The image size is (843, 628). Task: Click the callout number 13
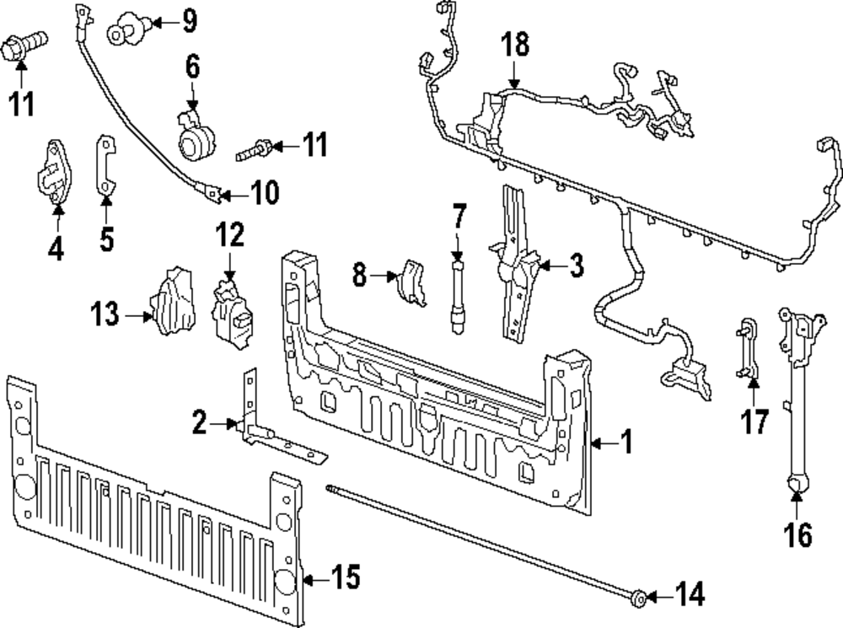(x=106, y=317)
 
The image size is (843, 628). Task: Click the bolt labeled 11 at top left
(x=25, y=46)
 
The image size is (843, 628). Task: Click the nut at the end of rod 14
(x=639, y=599)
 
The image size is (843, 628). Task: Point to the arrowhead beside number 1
(x=596, y=441)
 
